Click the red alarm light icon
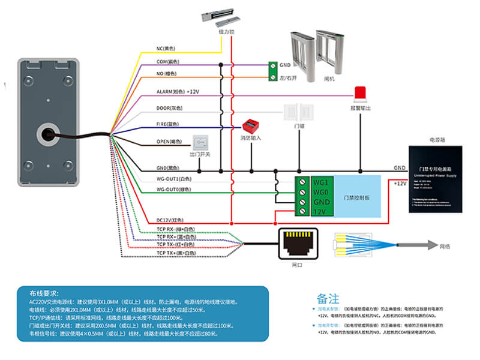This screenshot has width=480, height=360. pos(361,92)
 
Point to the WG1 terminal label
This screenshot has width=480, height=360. pos(319,181)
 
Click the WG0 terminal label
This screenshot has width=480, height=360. pos(319,192)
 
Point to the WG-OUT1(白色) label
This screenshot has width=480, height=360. pos(173,178)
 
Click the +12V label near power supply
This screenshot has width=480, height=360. pos(400,184)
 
